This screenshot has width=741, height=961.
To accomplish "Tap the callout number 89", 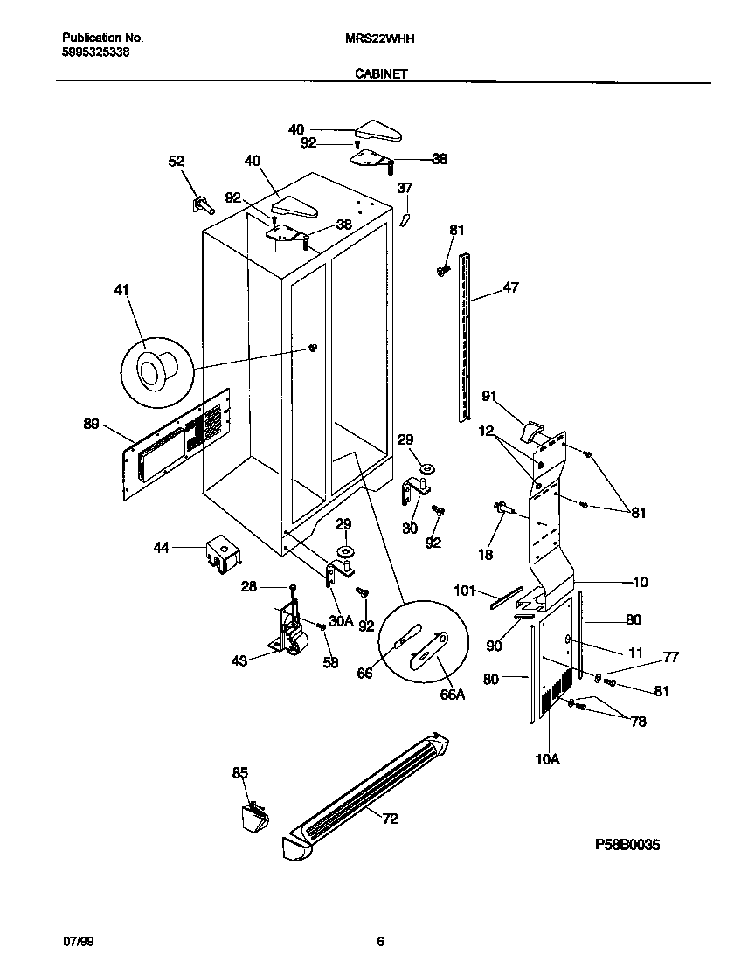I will [92, 425].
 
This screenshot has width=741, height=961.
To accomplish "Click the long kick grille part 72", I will [367, 791].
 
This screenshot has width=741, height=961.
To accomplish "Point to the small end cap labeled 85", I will [254, 818].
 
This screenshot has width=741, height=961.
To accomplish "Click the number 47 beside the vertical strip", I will [511, 287].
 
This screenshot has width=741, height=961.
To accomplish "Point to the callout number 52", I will [177, 161].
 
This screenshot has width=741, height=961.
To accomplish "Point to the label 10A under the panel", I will [547, 760].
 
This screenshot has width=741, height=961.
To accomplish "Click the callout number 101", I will [464, 591].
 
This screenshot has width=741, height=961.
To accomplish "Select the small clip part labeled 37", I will [405, 218].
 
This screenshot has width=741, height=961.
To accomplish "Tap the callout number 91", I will [489, 396].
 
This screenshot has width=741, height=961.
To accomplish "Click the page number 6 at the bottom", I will [380, 941].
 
